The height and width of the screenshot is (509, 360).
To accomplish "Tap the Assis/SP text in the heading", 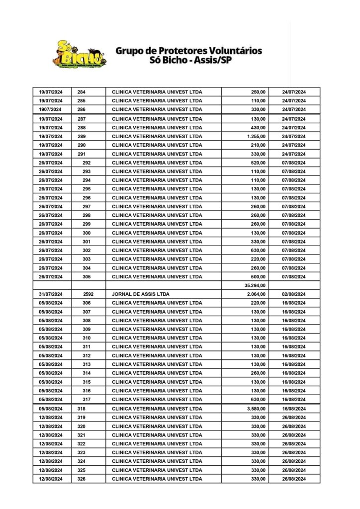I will [212, 61].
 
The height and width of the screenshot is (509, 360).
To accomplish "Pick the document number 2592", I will [89, 294].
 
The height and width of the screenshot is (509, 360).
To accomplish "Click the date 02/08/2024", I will [294, 294].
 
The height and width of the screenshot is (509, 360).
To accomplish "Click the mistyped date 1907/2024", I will [50, 109].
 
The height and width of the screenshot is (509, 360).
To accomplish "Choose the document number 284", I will [82, 92].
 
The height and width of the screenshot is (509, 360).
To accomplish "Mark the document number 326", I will [82, 479].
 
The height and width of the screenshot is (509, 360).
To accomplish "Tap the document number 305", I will [87, 276].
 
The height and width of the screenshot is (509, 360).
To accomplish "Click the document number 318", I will [82, 409].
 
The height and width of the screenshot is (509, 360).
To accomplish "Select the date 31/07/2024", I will [50, 294].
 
